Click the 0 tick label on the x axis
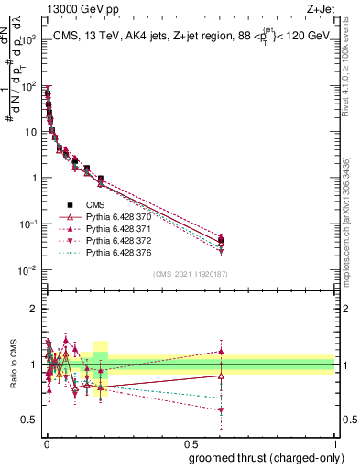pos(45,444)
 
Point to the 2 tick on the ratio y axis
pos(36,309)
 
